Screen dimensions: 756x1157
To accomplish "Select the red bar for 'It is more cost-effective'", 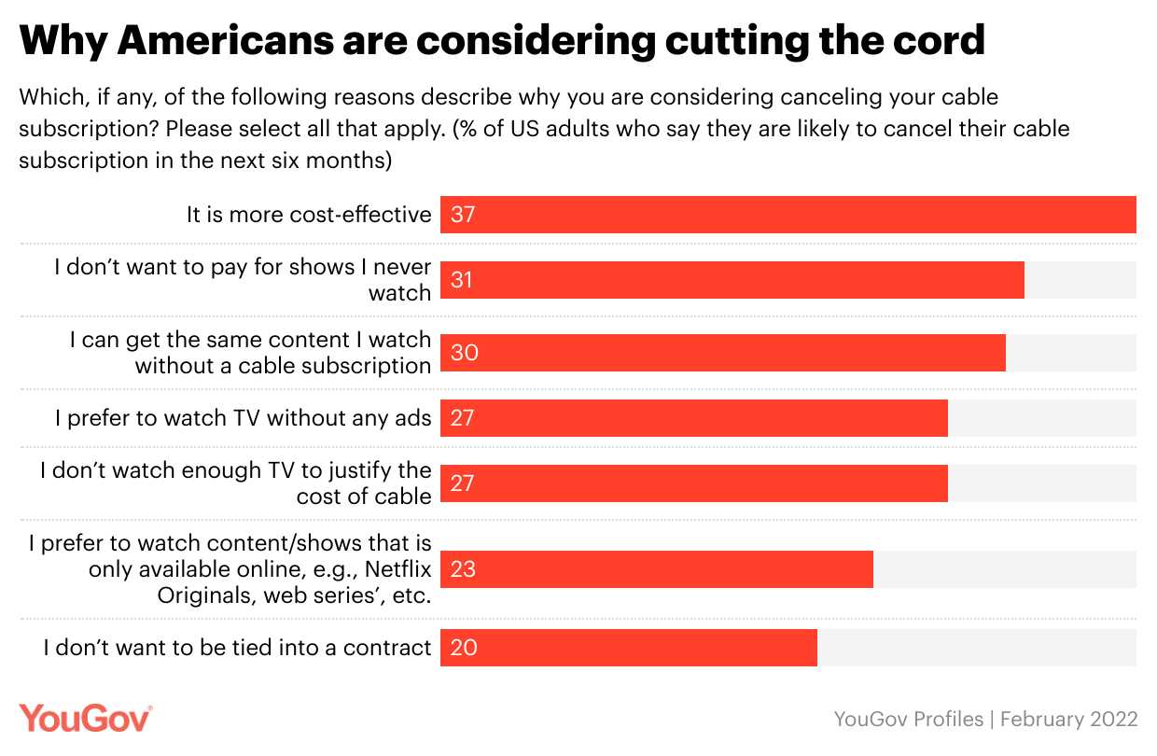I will (x=788, y=215).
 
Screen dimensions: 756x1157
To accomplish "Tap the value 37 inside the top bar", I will (x=463, y=215).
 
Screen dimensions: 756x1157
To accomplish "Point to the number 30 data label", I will (x=464, y=353).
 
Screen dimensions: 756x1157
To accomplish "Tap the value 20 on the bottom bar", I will (x=464, y=648).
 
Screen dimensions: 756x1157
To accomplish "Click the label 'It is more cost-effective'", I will (x=309, y=215).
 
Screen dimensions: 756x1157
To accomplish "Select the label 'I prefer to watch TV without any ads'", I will (x=243, y=418).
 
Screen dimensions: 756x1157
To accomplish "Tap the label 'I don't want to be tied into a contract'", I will (x=237, y=648).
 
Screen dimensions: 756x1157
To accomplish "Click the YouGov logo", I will (x=86, y=719).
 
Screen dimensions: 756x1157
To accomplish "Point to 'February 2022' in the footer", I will (x=1073, y=720).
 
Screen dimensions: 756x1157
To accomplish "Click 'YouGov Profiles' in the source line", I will (x=908, y=720).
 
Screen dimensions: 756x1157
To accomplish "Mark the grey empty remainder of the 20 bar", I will (x=976, y=648).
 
